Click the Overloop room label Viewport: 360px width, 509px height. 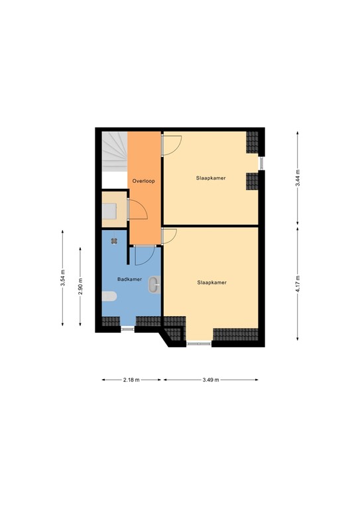pos(144,180)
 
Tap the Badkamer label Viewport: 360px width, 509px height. pos(129,280)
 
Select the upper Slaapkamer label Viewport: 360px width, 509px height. pos(210,178)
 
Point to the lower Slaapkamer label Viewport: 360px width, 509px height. pos(211,282)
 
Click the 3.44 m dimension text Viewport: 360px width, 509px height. pos(298,177)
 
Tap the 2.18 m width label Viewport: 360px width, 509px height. pos(131,380)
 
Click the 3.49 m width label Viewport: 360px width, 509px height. pos(210,380)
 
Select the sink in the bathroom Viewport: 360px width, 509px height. pos(154,284)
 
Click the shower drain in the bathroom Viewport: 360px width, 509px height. pos(115,241)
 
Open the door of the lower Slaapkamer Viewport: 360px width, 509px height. pos(168,237)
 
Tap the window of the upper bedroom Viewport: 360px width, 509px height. pos(261,162)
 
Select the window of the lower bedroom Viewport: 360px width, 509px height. pos(199,343)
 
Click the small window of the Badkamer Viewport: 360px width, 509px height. pos(127,327)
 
